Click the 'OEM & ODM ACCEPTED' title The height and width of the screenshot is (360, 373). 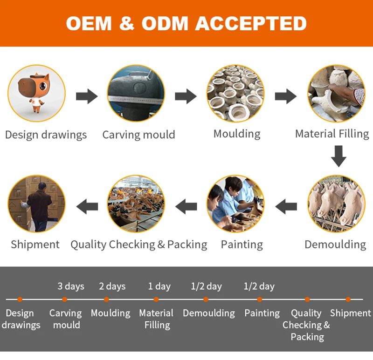[x=186, y=23]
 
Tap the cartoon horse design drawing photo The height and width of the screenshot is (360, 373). [x=36, y=93]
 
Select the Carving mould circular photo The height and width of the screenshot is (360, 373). [x=136, y=93]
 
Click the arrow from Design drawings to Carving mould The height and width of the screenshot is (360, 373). [x=86, y=97]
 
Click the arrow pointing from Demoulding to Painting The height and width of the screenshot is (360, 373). [x=286, y=205]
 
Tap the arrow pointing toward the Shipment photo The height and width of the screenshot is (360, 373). [x=87, y=205]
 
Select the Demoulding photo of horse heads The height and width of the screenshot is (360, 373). [x=336, y=204]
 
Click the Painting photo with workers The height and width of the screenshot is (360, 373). [x=235, y=204]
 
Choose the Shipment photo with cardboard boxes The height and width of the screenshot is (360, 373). [x=36, y=204]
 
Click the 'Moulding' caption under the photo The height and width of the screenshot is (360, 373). [x=236, y=134]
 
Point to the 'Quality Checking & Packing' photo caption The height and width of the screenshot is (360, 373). [x=138, y=245]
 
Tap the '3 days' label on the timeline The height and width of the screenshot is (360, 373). [x=71, y=286]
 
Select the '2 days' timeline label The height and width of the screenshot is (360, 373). [x=112, y=286]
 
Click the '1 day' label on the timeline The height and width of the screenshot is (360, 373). [x=159, y=286]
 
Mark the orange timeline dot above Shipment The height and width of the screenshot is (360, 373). [x=348, y=299]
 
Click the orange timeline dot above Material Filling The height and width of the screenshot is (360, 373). [x=156, y=299]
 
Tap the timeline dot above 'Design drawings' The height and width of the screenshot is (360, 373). [x=20, y=299]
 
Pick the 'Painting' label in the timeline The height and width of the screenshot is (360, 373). [x=262, y=313]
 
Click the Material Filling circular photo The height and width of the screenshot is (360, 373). [x=336, y=93]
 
